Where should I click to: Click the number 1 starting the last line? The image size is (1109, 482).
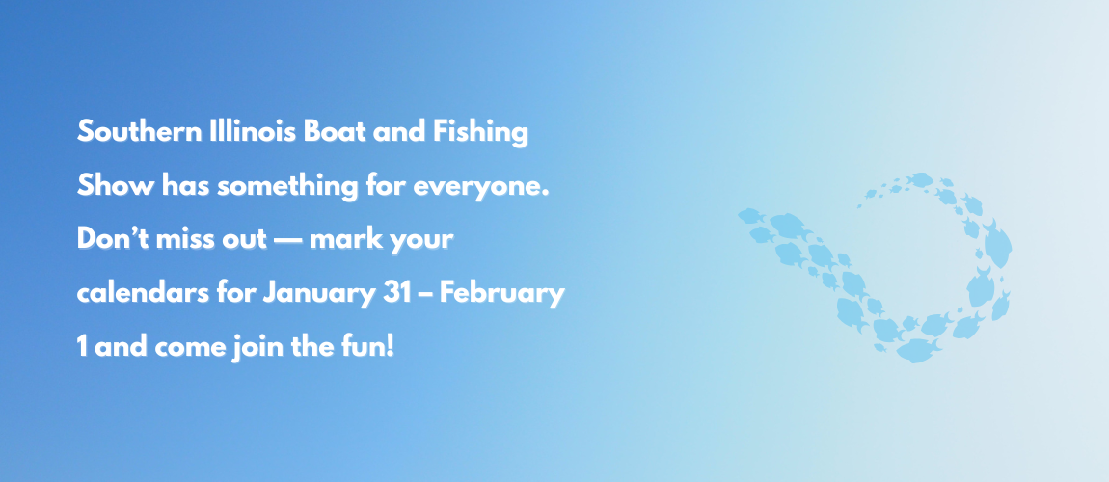(81, 345)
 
